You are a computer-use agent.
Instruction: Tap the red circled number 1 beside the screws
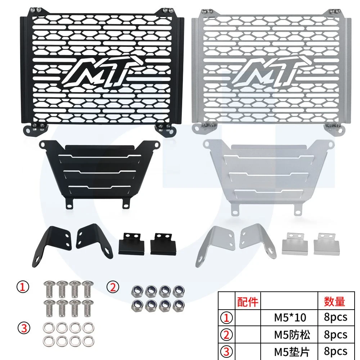pyautogui.click(x=23, y=287)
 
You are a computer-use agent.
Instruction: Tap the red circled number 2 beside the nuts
pyautogui.click(x=113, y=287)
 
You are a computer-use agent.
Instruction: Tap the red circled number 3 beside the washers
pyautogui.click(x=23, y=328)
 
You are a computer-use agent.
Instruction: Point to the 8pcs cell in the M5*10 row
pyautogui.click(x=335, y=318)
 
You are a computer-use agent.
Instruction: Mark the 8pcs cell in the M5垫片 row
pyautogui.click(x=335, y=351)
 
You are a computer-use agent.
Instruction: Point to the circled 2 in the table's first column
pyautogui.click(x=228, y=334)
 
